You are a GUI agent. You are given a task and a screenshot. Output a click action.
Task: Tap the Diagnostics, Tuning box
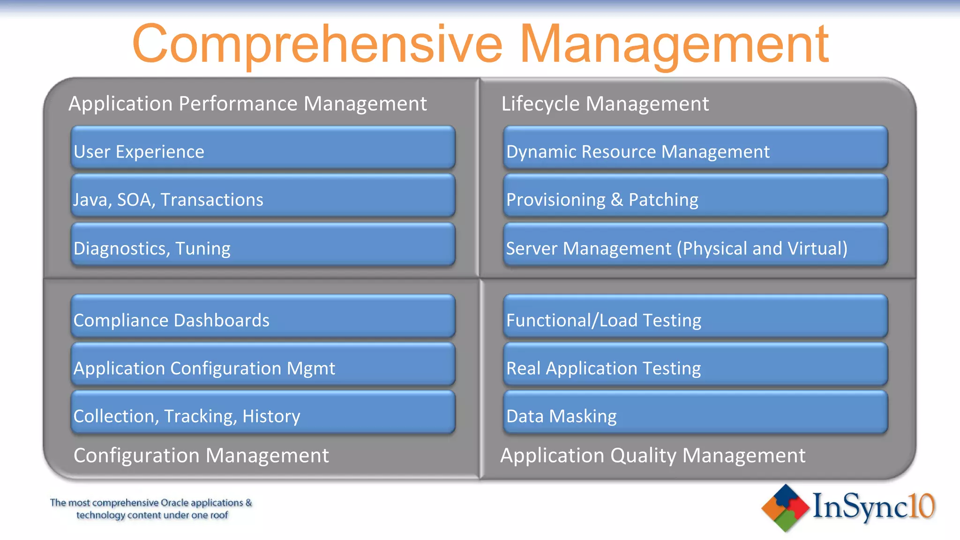coord(262,245)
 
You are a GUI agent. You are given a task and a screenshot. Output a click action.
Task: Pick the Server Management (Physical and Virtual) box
coord(695,245)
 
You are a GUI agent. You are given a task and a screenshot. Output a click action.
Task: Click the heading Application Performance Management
coord(247,104)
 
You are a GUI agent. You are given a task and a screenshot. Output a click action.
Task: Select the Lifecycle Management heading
coord(605,104)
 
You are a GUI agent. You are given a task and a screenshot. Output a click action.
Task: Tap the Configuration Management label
coord(201,455)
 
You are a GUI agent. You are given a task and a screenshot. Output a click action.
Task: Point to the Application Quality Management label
coord(652,455)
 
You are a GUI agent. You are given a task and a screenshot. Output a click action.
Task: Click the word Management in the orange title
coord(674,45)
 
